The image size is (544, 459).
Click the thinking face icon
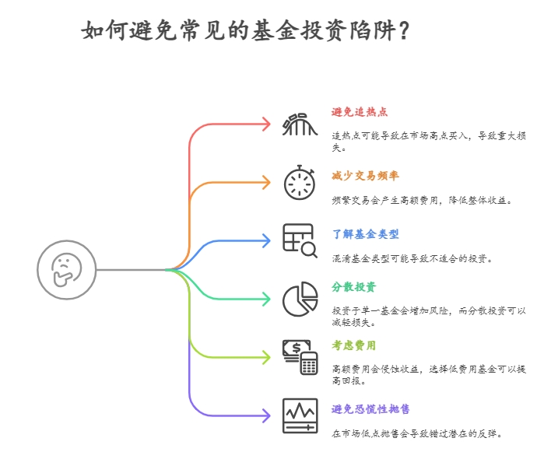(66, 270)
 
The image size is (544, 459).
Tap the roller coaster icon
(300, 124)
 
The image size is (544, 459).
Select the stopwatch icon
(300, 182)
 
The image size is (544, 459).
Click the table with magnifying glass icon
(300, 240)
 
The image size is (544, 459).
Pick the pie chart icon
(300, 300)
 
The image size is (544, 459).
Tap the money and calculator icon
(300, 357)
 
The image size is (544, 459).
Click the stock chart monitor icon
(300, 415)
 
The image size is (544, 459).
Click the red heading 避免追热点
(360, 112)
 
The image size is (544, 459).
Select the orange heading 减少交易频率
(365, 176)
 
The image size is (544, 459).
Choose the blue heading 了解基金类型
(365, 234)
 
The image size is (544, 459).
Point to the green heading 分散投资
(354, 287)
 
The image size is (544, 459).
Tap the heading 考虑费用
(354, 345)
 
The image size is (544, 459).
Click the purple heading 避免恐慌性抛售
(370, 409)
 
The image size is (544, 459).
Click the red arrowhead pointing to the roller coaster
(265, 124)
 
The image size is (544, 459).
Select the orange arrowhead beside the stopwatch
(265, 182)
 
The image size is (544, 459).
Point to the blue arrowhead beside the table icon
(265, 240)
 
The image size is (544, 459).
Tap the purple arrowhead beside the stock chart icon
(265, 415)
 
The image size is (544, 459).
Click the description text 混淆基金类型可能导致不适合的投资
(412, 258)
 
